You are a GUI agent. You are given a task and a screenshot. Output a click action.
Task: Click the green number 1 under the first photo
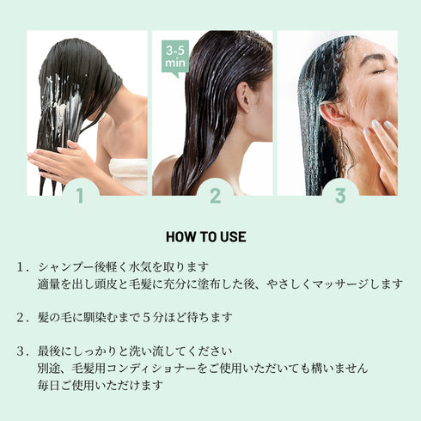tap(80, 195)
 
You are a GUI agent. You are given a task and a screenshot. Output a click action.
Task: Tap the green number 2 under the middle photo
tap(215, 195)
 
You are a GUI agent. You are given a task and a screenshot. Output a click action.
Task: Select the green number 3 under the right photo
tap(339, 195)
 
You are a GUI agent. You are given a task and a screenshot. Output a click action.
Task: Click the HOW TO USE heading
tap(210, 236)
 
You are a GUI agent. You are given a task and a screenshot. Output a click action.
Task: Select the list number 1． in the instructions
tap(23, 267)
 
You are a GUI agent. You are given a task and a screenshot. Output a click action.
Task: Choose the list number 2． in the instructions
tap(23, 317)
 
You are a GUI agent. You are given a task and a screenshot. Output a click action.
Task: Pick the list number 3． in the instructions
tap(23, 351)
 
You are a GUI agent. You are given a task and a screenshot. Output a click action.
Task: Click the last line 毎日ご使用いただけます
tap(101, 384)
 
